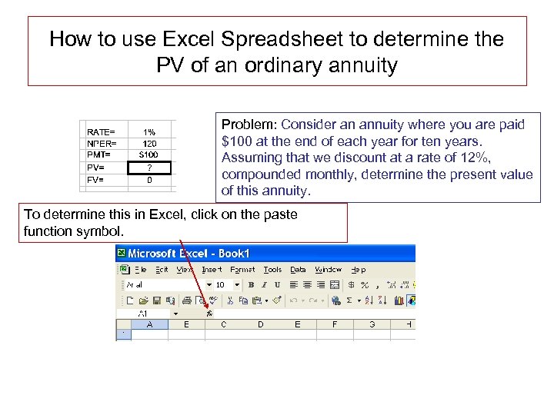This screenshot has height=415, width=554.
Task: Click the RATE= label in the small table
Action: click(101, 131)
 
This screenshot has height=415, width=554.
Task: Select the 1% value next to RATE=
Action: click(149, 131)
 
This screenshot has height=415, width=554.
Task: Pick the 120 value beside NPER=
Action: click(149, 143)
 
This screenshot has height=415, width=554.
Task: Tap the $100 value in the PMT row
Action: click(149, 154)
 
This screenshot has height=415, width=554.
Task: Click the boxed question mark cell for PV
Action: click(149, 167)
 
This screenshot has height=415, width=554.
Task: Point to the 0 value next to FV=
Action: click(149, 180)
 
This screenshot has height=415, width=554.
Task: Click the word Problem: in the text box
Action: click(249, 124)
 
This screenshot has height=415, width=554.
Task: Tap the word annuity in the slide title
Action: click(361, 65)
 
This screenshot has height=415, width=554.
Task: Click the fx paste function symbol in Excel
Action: click(209, 314)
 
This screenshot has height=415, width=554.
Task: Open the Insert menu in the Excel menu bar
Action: click(212, 270)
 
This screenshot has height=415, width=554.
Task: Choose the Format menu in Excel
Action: click(242, 270)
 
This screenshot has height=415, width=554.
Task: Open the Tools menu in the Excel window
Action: click(272, 270)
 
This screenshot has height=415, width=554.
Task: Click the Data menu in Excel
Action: click(298, 270)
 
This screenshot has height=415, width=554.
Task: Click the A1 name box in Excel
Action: click(144, 314)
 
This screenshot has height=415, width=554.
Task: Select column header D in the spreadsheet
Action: click(260, 325)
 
